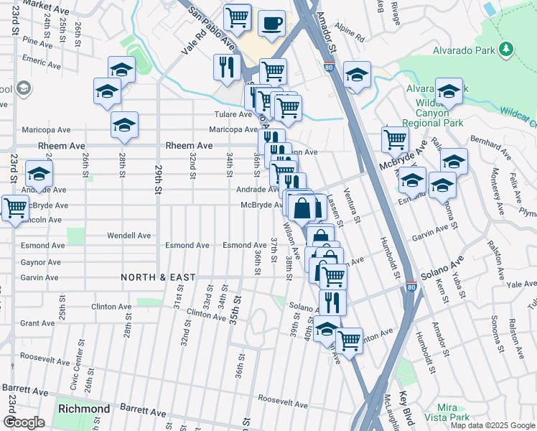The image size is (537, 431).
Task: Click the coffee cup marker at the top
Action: (x=272, y=23)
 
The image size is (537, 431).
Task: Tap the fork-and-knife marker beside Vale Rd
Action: (x=227, y=67)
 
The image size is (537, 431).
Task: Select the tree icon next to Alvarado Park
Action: (x=508, y=49)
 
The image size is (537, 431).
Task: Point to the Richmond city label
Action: (x=85, y=409)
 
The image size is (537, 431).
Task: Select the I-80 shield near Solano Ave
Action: (x=410, y=286)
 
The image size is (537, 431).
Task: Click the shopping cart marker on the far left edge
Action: (x=15, y=208)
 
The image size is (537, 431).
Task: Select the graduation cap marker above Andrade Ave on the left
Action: (x=39, y=174)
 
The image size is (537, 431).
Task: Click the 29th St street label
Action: (x=158, y=179)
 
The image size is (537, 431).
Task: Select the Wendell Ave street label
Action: (x=129, y=235)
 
